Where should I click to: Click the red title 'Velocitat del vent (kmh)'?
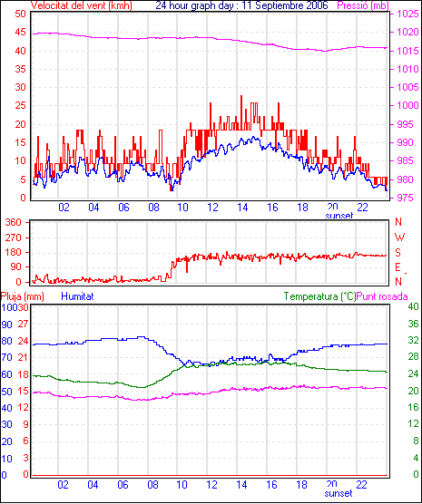point(82,5)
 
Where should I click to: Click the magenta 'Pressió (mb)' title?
point(363,5)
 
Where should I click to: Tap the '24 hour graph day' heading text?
point(194,5)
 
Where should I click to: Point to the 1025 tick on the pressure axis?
point(407,14)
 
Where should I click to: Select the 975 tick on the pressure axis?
point(407,198)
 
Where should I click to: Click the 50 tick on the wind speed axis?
point(20,14)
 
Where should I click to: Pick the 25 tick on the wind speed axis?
point(20,105)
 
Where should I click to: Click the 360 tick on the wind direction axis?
point(14,222)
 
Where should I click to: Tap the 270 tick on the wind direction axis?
point(14,237)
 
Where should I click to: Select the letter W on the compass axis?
point(399,237)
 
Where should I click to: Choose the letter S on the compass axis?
point(398,253)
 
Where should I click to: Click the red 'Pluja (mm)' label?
point(22,296)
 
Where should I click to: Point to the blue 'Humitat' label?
point(77,296)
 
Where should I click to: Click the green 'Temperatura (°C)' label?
point(320,296)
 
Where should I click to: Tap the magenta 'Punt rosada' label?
point(382,296)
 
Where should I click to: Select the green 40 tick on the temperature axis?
point(413,306)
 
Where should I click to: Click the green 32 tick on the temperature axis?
point(413,340)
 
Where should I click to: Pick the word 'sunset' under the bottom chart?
point(339,493)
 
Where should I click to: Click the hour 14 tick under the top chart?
point(242,208)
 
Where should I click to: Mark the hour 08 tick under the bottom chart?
point(152,484)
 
